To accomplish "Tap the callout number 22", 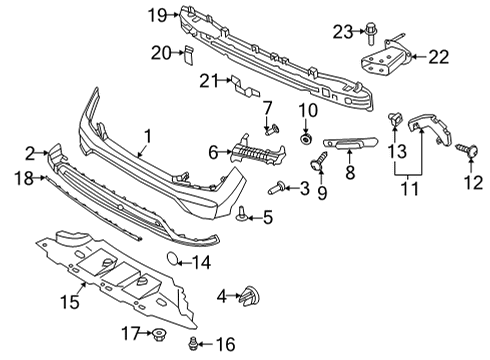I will pos(438,57).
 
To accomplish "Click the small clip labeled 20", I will pos(186,53).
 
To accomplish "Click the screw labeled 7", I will pos(269,127).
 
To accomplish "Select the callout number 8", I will pos(350,172).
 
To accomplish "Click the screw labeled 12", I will pos(464,150).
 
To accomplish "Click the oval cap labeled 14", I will pos(173,262).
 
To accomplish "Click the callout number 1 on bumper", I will pos(146,136).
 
